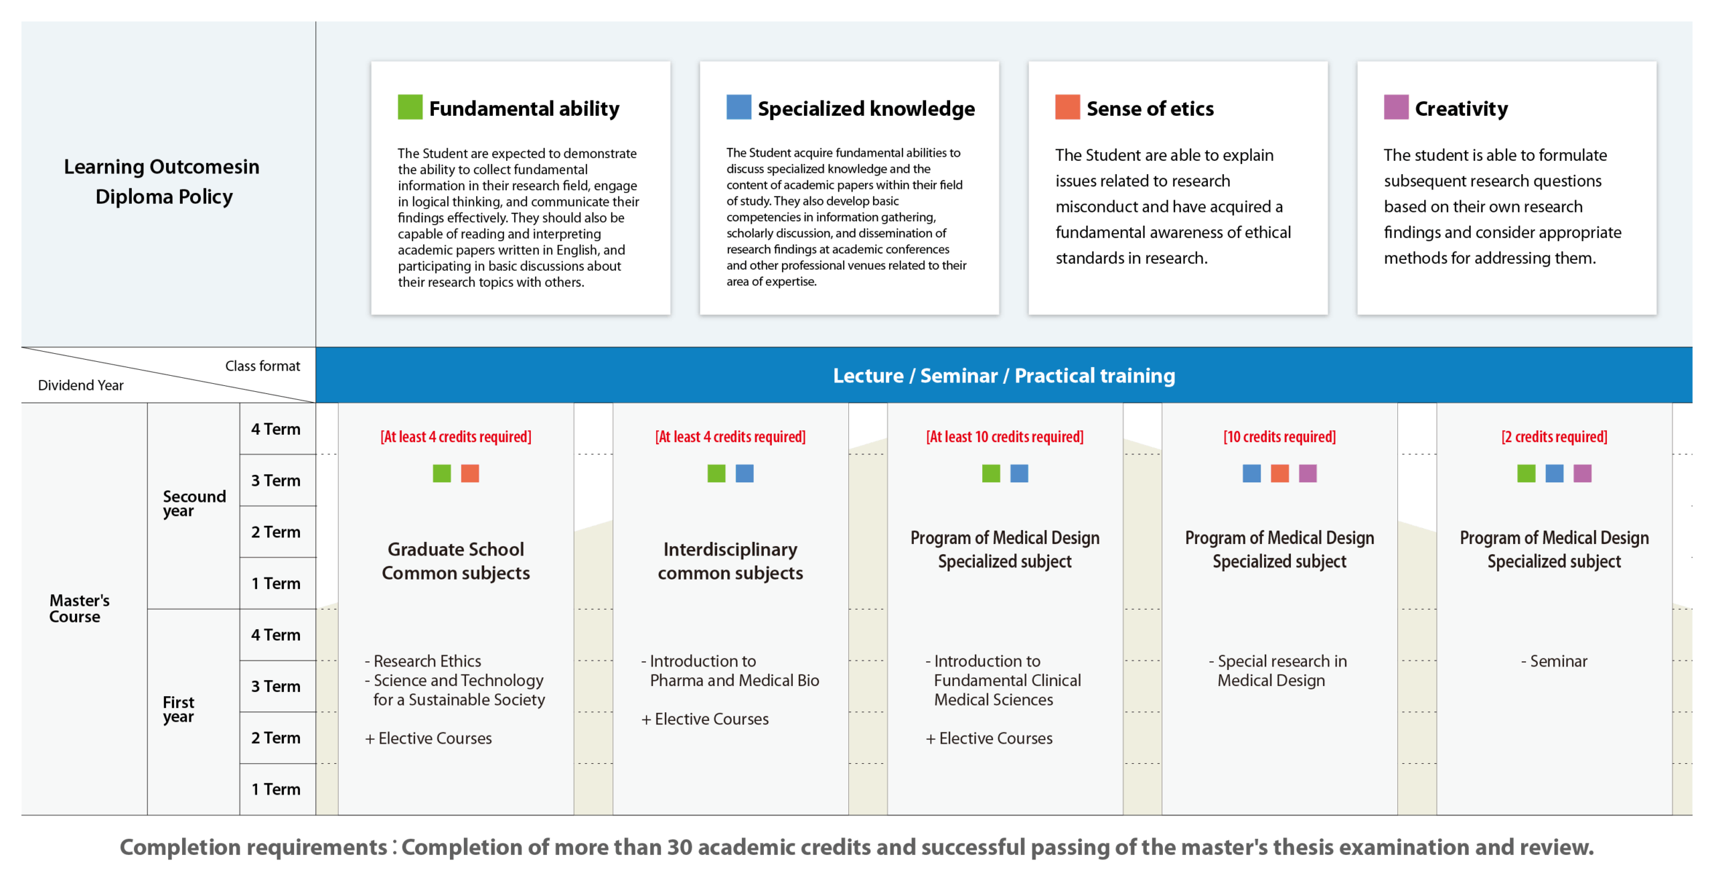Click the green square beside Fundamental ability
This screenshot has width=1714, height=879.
coord(410,107)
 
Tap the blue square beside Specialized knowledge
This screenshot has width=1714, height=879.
coord(738,107)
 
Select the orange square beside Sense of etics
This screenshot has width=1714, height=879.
coord(1067,107)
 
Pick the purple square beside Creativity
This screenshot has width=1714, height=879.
coord(1396,107)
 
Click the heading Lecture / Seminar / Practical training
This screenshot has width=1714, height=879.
coord(1004,376)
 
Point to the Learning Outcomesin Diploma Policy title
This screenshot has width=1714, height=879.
coord(162,182)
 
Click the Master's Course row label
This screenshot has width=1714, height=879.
coord(78,608)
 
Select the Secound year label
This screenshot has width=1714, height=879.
coord(193,503)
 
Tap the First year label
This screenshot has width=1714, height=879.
coord(178,709)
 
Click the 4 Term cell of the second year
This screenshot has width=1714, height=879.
coord(276,429)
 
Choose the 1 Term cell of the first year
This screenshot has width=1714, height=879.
coord(276,789)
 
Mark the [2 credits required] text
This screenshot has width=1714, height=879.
coord(1554,437)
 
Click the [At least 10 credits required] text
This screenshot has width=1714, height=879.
coord(1004,437)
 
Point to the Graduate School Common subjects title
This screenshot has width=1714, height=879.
coord(455,561)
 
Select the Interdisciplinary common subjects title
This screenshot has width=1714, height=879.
coord(730,561)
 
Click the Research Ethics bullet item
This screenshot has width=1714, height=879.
coord(426,661)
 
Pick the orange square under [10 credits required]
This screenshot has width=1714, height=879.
coord(1279,474)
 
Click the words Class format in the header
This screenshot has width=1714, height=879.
coord(262,366)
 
